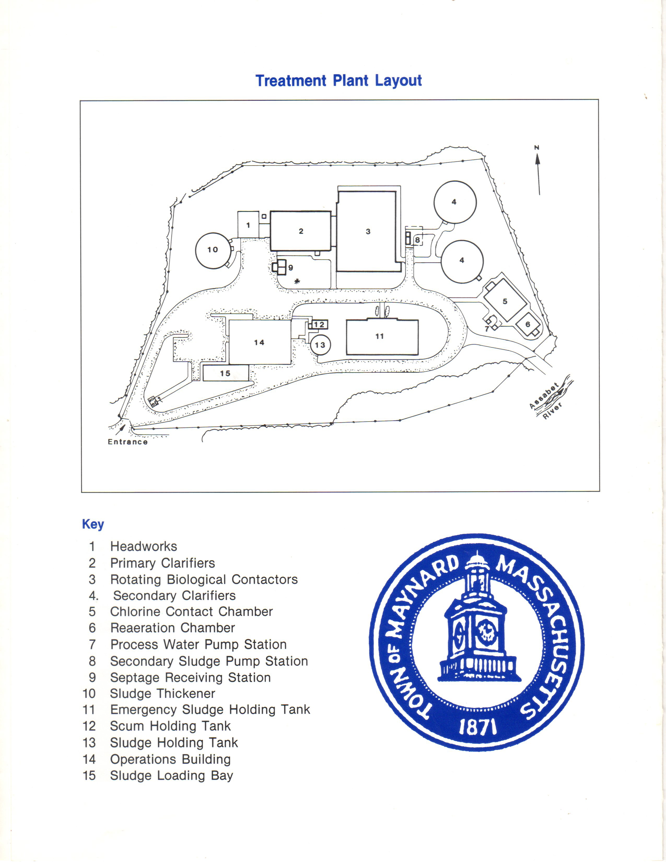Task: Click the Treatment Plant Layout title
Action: [338, 80]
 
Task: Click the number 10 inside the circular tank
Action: [213, 249]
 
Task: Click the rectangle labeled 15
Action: [226, 373]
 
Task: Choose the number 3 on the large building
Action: [368, 232]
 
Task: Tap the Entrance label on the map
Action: [128, 442]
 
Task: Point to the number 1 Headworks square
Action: [248, 225]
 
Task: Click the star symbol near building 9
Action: [297, 281]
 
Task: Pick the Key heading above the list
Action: [93, 524]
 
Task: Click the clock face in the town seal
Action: [485, 632]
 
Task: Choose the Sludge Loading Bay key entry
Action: [172, 776]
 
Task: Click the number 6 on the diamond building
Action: [528, 324]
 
